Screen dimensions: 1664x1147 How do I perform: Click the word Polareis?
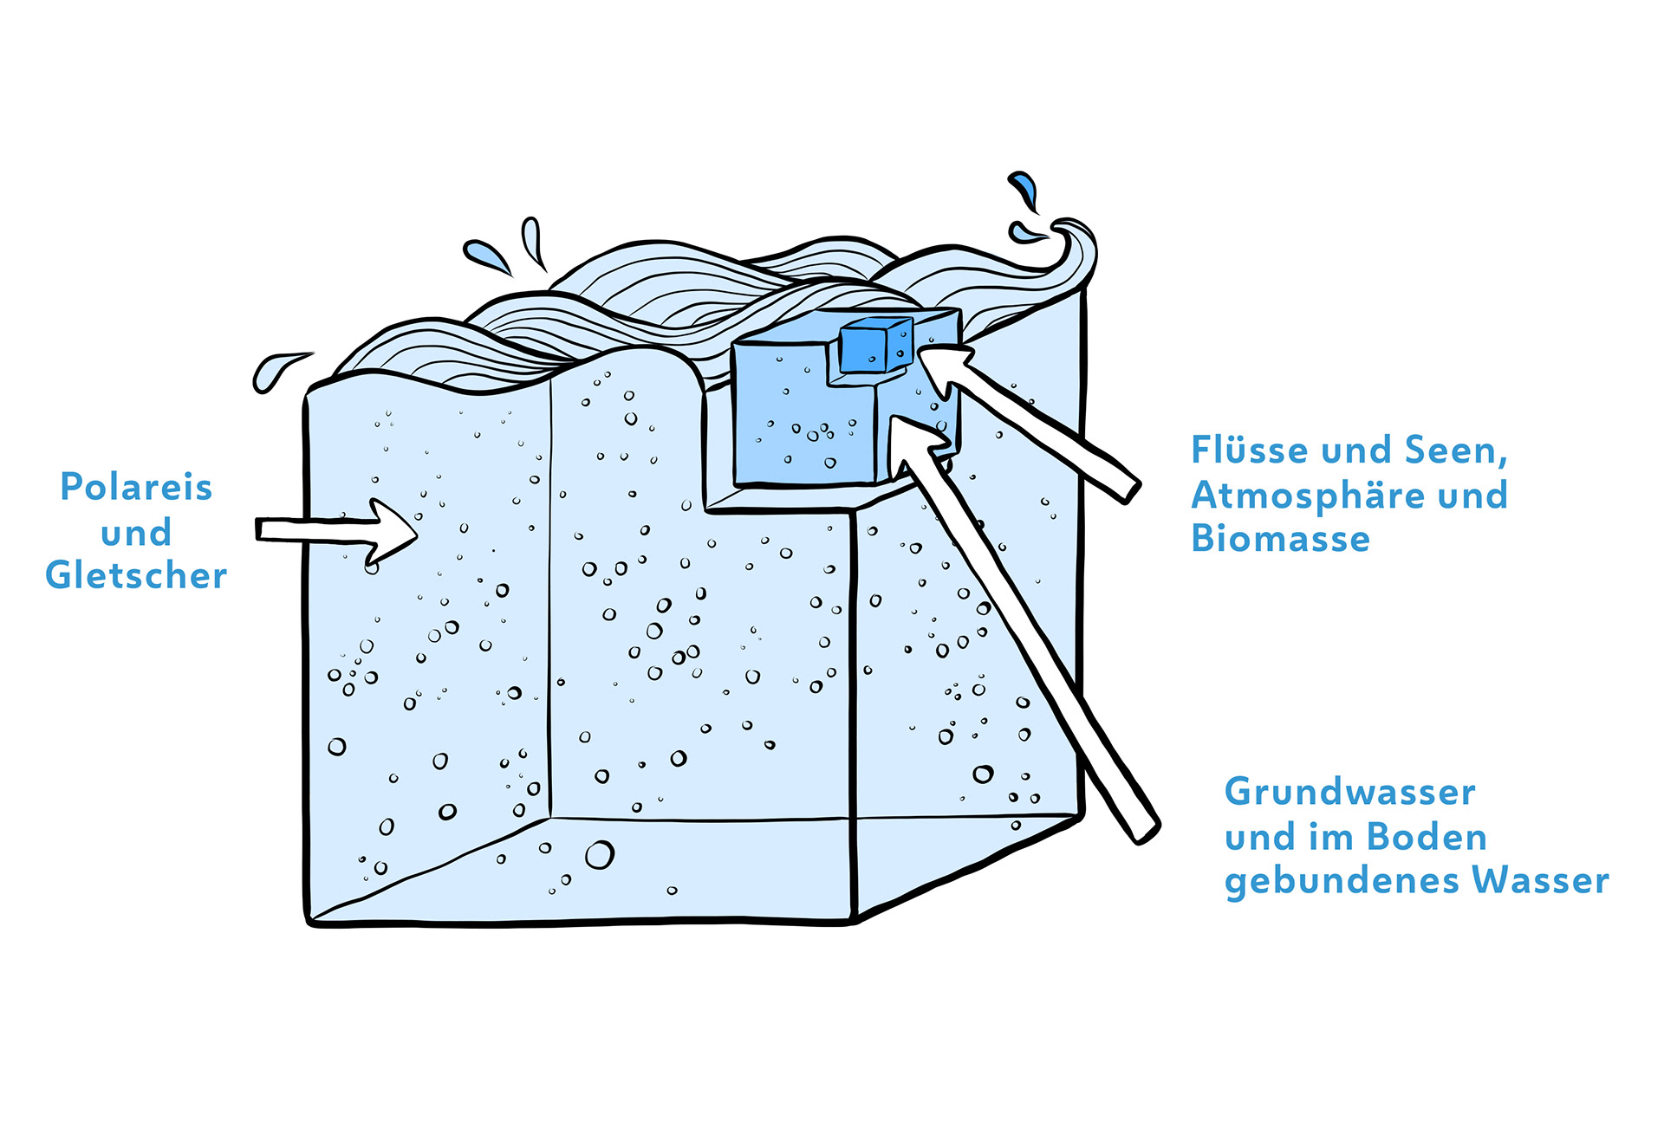pos(136,488)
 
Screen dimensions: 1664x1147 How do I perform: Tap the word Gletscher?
pos(136,575)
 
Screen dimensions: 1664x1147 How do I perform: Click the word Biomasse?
pos(1280,539)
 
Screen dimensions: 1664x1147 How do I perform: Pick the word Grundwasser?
pos(1349,793)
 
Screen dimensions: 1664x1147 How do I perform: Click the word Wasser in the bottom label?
pos(1540,881)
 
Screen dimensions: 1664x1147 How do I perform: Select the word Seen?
pos(1453,450)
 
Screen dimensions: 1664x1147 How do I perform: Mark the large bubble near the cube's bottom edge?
pos(599,855)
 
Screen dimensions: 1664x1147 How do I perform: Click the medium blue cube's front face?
pos(802,424)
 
